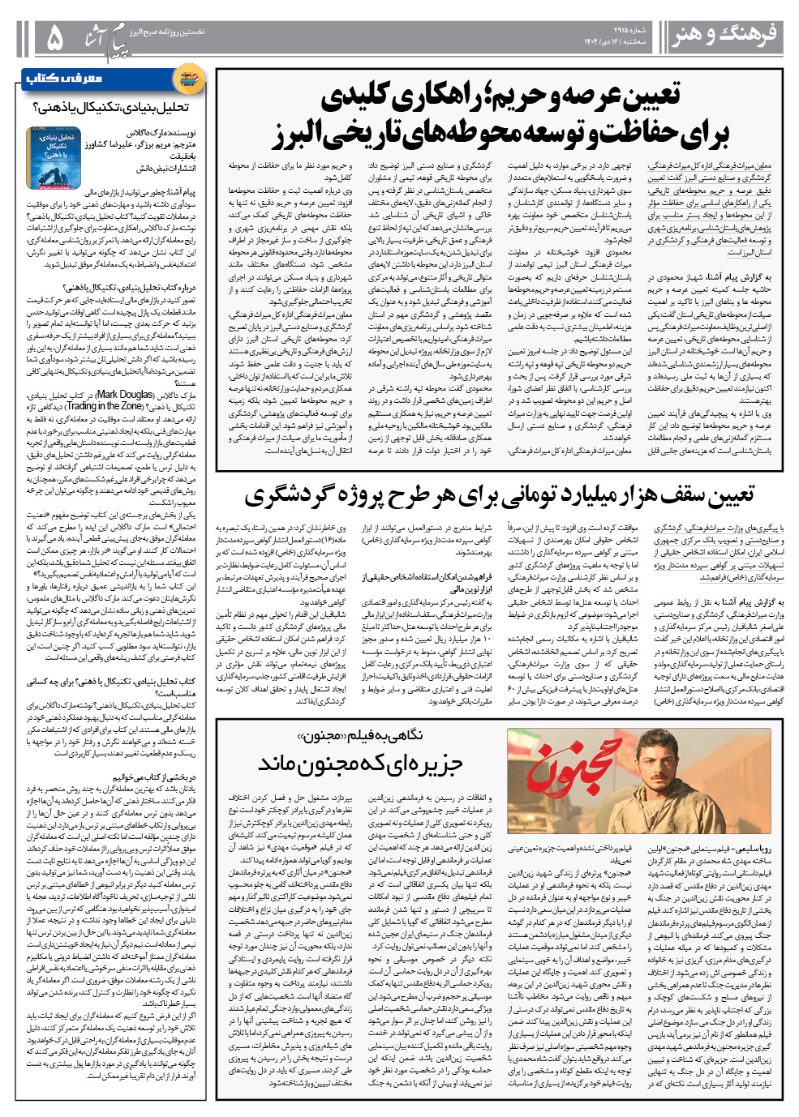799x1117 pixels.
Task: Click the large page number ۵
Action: pos(55,37)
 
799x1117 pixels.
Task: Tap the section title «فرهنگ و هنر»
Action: pos(724,35)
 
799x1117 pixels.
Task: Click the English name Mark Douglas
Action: pos(125,395)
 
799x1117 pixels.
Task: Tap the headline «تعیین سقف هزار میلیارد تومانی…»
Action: pos(499,495)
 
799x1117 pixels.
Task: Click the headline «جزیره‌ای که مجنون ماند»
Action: pos(360,764)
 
